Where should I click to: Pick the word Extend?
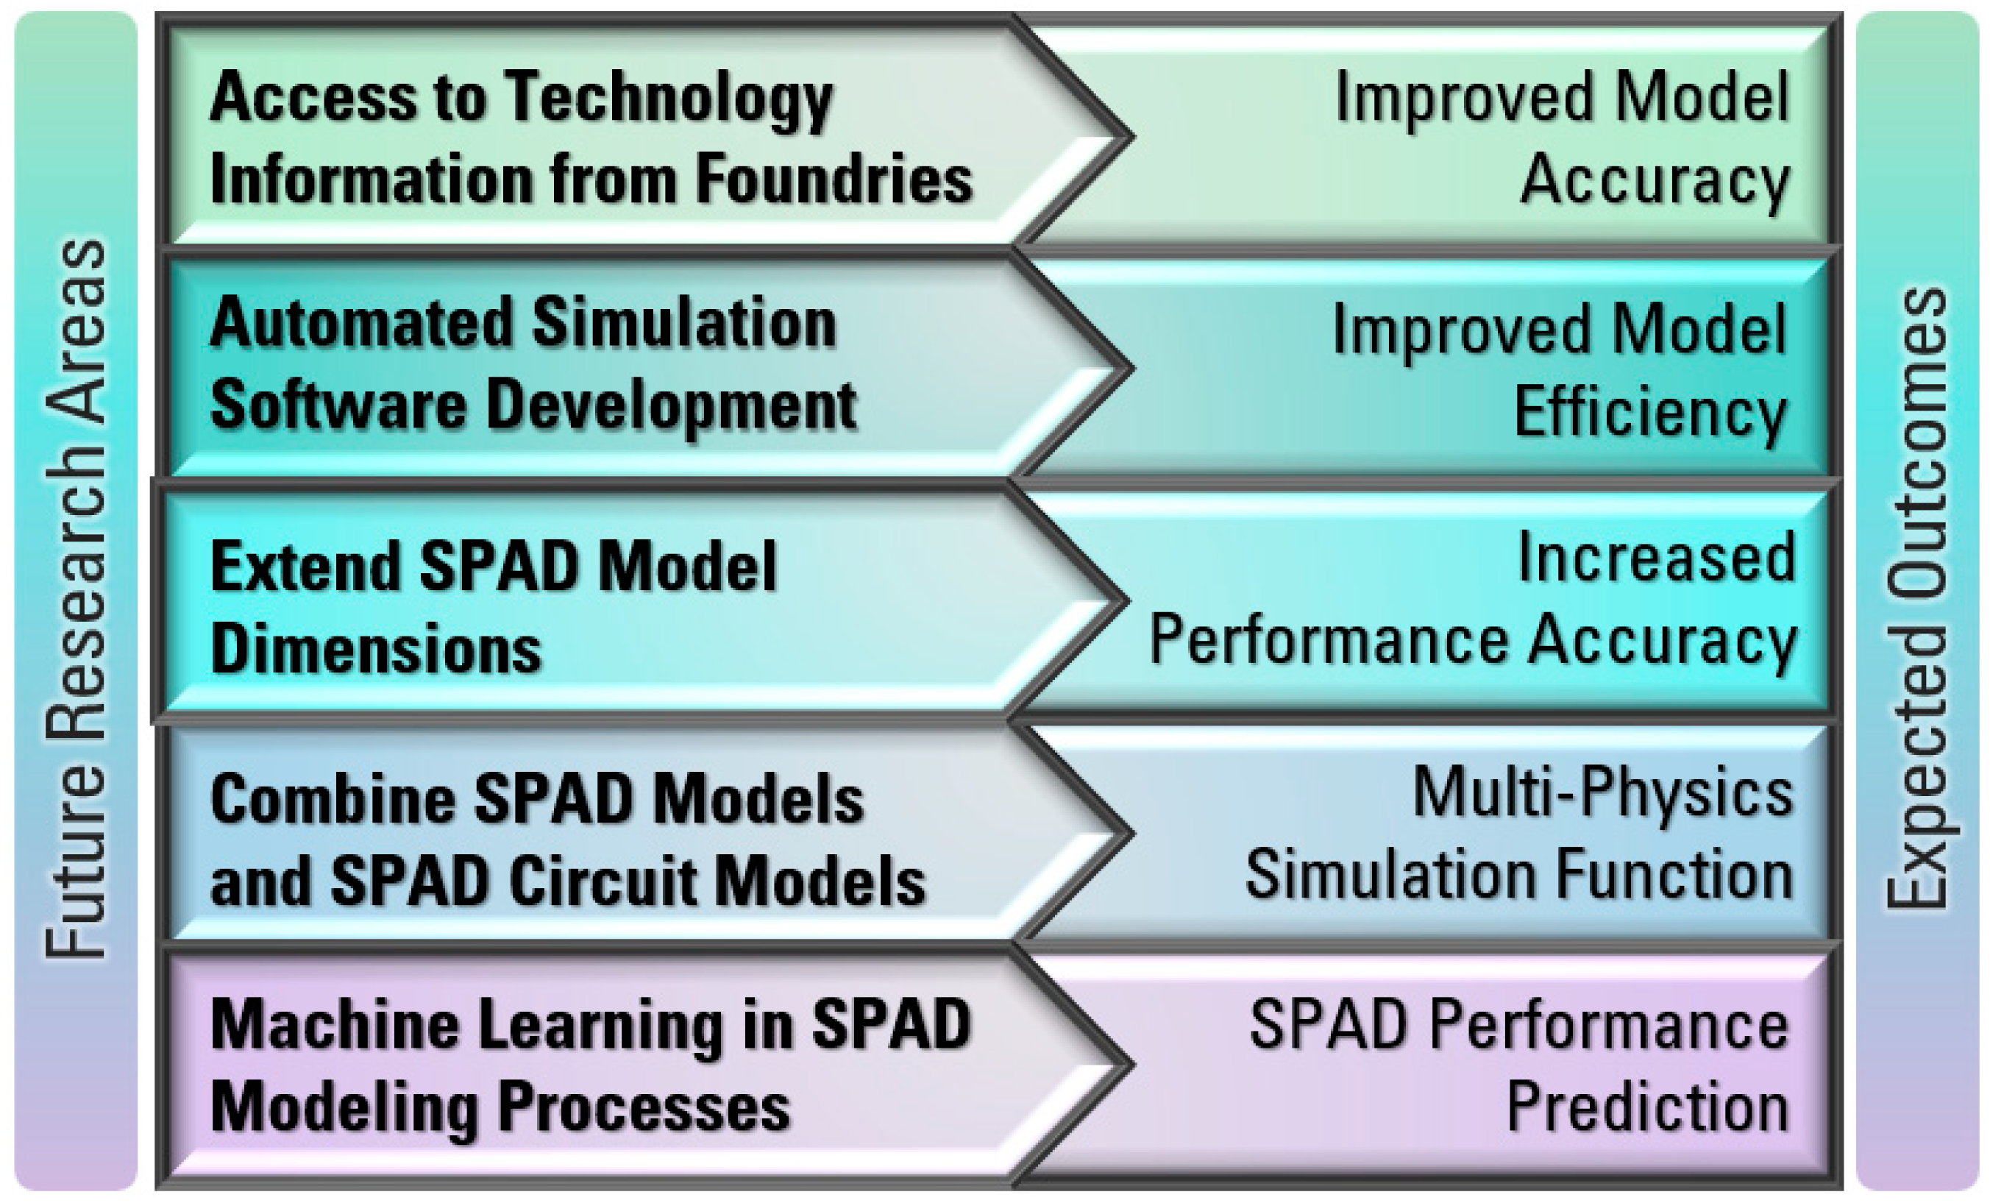(305, 566)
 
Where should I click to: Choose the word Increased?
(1657, 558)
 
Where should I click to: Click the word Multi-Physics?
(1603, 795)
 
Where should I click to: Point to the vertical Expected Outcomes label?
(1917, 599)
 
